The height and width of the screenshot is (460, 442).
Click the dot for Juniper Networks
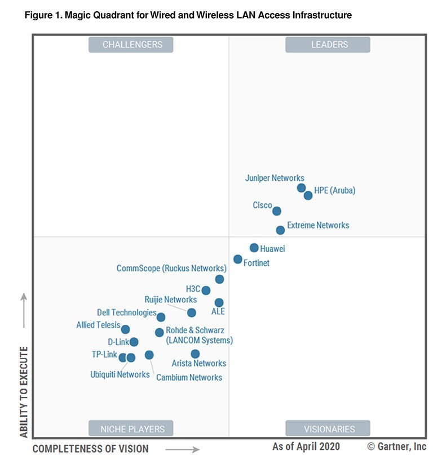pos(302,188)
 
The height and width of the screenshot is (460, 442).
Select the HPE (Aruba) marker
pos(308,195)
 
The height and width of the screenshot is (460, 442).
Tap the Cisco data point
pos(277,211)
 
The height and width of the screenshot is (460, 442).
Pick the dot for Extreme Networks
pos(280,230)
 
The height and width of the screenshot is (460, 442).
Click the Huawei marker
pos(254,248)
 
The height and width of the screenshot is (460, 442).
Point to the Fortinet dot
pos(238,260)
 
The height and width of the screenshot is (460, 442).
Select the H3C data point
pos(206,291)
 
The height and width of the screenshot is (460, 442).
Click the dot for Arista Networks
pos(195,354)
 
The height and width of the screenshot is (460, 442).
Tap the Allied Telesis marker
pos(126,329)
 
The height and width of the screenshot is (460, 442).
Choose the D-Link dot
pos(134,342)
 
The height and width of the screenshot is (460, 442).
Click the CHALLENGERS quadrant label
pos(131,44)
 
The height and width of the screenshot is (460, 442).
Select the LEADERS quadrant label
pos(328,44)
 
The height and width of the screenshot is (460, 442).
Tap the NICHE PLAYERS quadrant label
pos(131,428)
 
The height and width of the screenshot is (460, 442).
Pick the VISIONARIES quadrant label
pos(328,428)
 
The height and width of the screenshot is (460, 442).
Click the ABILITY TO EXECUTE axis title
pos(24,392)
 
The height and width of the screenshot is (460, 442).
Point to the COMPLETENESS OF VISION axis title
pos(91,449)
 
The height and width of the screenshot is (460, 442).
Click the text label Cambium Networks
pos(189,377)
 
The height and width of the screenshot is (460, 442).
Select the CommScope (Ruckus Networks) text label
pos(171,269)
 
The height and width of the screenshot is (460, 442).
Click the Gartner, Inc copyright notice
pos(397,446)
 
